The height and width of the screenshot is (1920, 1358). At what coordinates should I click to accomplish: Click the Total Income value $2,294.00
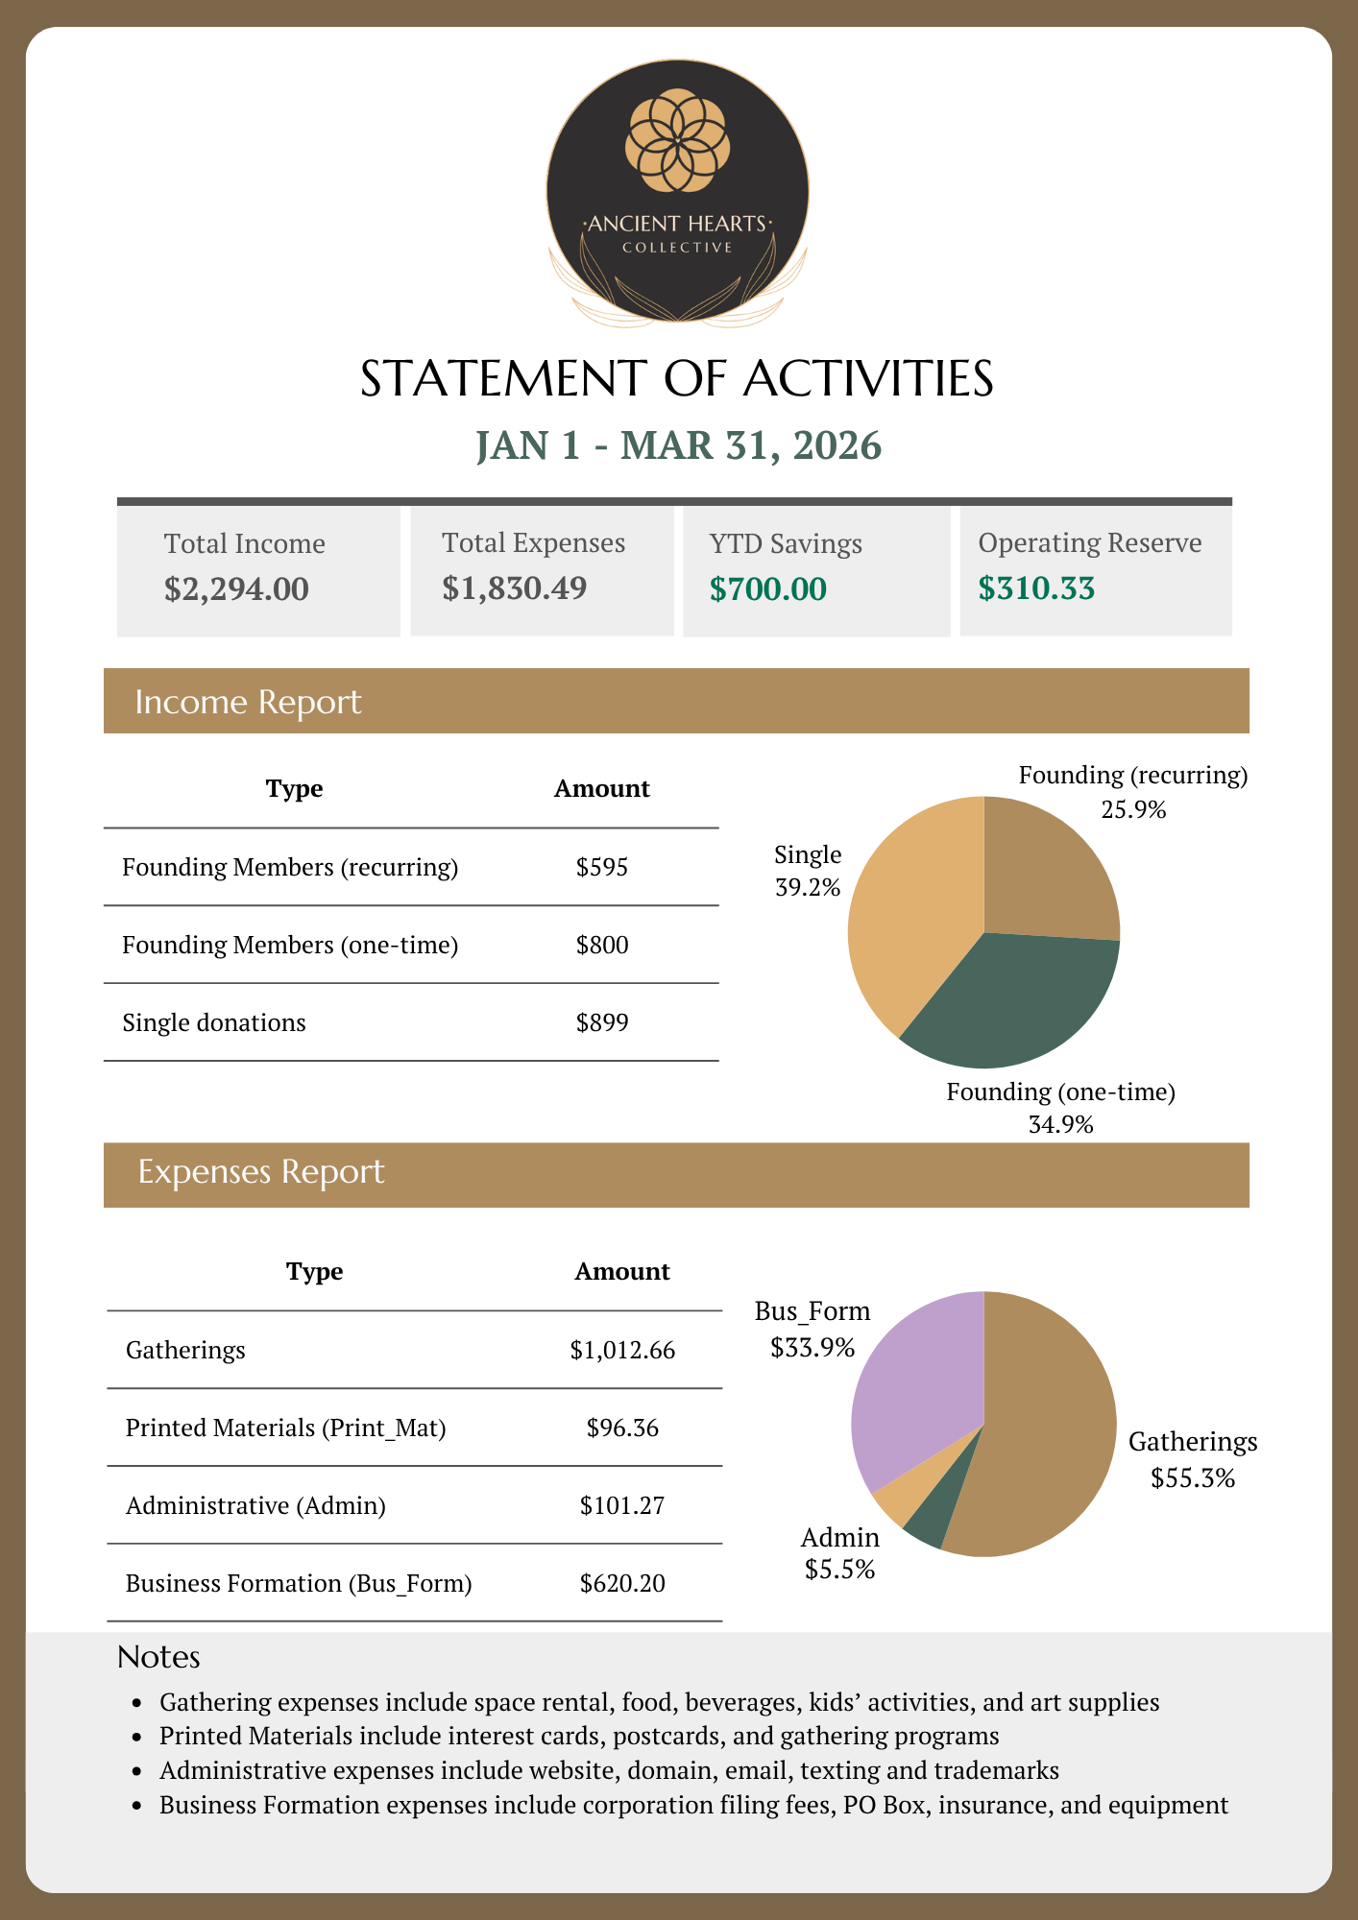[x=236, y=588]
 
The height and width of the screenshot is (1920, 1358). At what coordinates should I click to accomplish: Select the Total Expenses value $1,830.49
[x=514, y=588]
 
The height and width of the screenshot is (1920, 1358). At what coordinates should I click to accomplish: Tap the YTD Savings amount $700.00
[x=767, y=588]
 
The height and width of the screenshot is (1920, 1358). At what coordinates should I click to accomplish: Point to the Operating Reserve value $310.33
[x=1036, y=588]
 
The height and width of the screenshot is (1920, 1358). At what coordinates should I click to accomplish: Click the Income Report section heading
[x=248, y=702]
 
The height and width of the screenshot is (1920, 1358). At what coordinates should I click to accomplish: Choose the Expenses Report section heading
[x=260, y=1171]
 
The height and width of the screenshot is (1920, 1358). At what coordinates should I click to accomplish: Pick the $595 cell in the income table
[x=602, y=867]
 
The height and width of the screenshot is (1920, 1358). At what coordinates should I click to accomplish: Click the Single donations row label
[x=214, y=1022]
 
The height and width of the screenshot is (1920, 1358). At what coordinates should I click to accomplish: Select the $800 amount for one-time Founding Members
[x=602, y=945]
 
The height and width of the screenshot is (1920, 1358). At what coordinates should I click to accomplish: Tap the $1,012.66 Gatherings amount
[x=622, y=1350]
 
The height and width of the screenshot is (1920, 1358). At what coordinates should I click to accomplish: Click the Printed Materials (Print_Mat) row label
[x=285, y=1428]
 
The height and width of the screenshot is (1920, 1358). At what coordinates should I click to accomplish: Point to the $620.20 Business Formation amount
[x=622, y=1583]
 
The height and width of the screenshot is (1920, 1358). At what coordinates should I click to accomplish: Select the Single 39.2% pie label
[x=808, y=871]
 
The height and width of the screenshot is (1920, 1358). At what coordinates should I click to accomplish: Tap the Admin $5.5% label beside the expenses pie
[x=840, y=1553]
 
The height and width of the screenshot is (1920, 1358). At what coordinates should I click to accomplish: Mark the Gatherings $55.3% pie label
[x=1193, y=1459]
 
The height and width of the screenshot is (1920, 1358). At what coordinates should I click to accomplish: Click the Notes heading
[x=158, y=1657]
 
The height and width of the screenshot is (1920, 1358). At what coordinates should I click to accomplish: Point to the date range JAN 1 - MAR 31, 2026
[x=678, y=445]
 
